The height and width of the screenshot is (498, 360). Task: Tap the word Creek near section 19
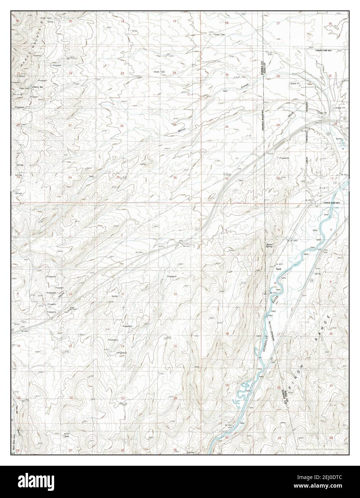[x=245, y=86]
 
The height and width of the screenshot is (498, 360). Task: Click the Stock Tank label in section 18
[x=220, y=34]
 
